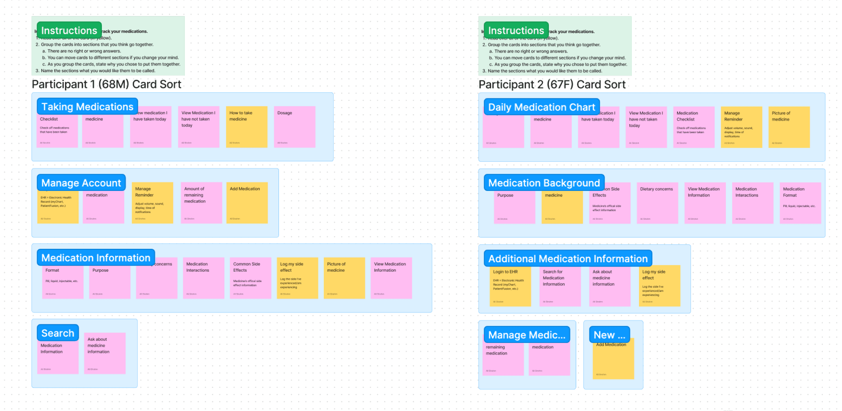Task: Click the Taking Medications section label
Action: point(87,107)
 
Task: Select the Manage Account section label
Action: point(81,183)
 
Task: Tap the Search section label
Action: point(57,333)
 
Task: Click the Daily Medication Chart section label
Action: point(541,107)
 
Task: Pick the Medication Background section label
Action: point(544,183)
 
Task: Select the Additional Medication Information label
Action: point(567,259)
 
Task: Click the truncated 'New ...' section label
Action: point(609,335)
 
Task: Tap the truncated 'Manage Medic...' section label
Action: point(526,335)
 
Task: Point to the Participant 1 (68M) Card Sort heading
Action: point(107,84)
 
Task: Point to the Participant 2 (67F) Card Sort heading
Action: point(552,85)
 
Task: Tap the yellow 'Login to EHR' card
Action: point(510,287)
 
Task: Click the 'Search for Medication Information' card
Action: point(560,287)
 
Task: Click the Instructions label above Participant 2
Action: point(516,31)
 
